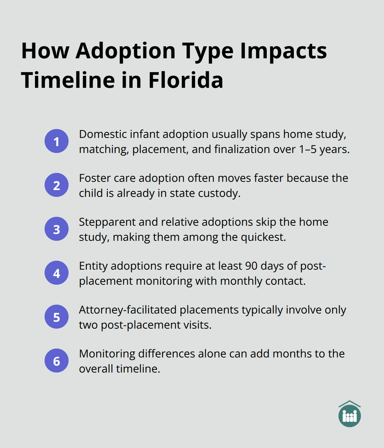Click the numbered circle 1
(x=57, y=141)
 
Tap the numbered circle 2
(x=57, y=185)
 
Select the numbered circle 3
(x=57, y=229)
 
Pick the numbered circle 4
(x=57, y=273)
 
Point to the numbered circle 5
(x=57, y=317)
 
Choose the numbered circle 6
(x=57, y=361)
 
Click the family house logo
(x=349, y=414)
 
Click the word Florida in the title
(x=185, y=80)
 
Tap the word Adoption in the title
(x=126, y=51)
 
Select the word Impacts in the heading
(x=283, y=51)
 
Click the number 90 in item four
(x=251, y=266)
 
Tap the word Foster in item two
(x=95, y=178)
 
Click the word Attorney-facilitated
(x=128, y=310)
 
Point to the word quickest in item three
(x=263, y=237)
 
